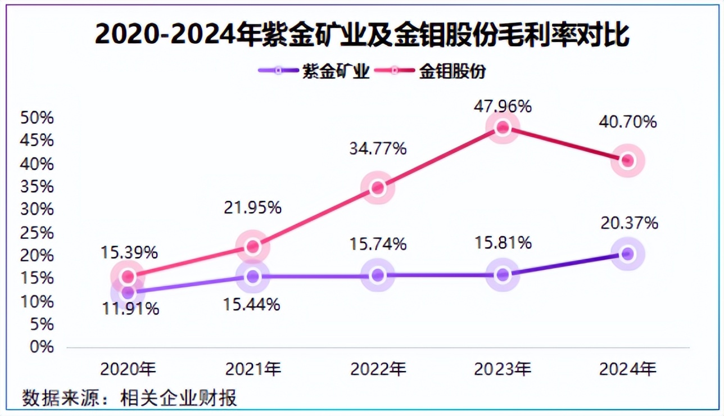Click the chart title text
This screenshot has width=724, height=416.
(362, 35)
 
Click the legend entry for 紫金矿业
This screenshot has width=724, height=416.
(315, 71)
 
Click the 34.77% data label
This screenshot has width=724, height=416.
(378, 149)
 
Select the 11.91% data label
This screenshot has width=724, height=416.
(131, 309)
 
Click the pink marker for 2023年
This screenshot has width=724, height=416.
(503, 128)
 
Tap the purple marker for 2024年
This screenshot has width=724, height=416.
(627, 254)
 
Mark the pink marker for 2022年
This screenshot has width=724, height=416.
(378, 188)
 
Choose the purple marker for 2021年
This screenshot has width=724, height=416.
(252, 276)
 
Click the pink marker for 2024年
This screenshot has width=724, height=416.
(627, 161)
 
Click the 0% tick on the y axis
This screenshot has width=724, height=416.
(41, 347)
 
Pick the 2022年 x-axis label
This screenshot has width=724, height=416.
(378, 369)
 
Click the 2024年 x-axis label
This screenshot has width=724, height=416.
(627, 369)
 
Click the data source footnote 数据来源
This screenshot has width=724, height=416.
(129, 397)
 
